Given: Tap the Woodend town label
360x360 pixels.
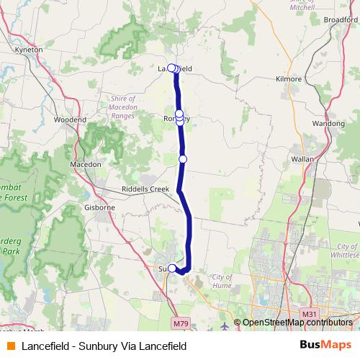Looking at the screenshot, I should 70,120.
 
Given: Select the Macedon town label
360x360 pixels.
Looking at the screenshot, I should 85,164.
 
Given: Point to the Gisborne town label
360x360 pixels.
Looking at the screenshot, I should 100,207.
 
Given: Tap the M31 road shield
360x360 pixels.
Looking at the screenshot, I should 309,314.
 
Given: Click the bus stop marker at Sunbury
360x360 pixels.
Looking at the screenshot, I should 171,269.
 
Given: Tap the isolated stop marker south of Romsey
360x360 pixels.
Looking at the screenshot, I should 183,158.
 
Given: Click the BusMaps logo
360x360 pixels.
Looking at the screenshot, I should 325,346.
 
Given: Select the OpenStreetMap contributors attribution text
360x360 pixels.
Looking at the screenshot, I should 295,323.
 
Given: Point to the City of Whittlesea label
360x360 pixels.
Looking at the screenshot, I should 343,251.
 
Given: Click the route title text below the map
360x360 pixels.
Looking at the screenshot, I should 104,346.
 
